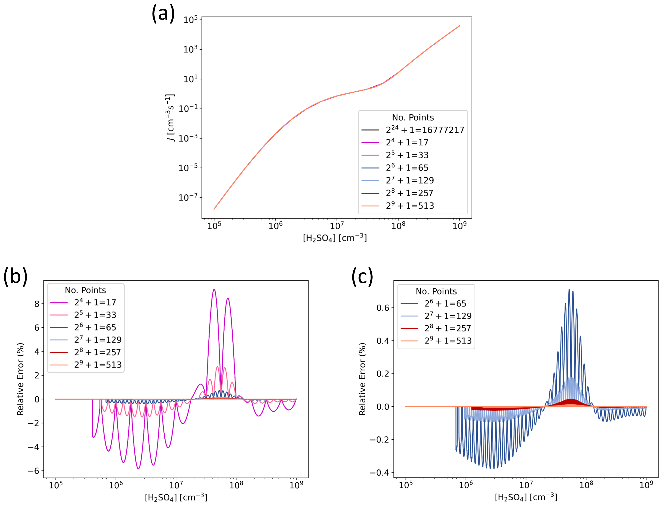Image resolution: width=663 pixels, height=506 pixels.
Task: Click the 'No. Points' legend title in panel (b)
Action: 85,290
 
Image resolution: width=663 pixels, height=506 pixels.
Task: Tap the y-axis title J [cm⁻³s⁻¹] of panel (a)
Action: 170,117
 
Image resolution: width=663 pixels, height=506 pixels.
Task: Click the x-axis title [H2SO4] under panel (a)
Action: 335,238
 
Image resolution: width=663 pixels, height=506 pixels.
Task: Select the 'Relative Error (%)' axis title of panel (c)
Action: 363,379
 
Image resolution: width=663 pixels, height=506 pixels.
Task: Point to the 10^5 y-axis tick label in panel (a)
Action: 190,20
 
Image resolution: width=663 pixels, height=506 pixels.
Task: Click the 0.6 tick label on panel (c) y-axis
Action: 383,308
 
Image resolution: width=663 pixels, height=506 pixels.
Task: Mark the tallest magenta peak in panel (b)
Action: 214,290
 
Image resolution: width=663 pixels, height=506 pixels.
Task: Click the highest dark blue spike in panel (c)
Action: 569,290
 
